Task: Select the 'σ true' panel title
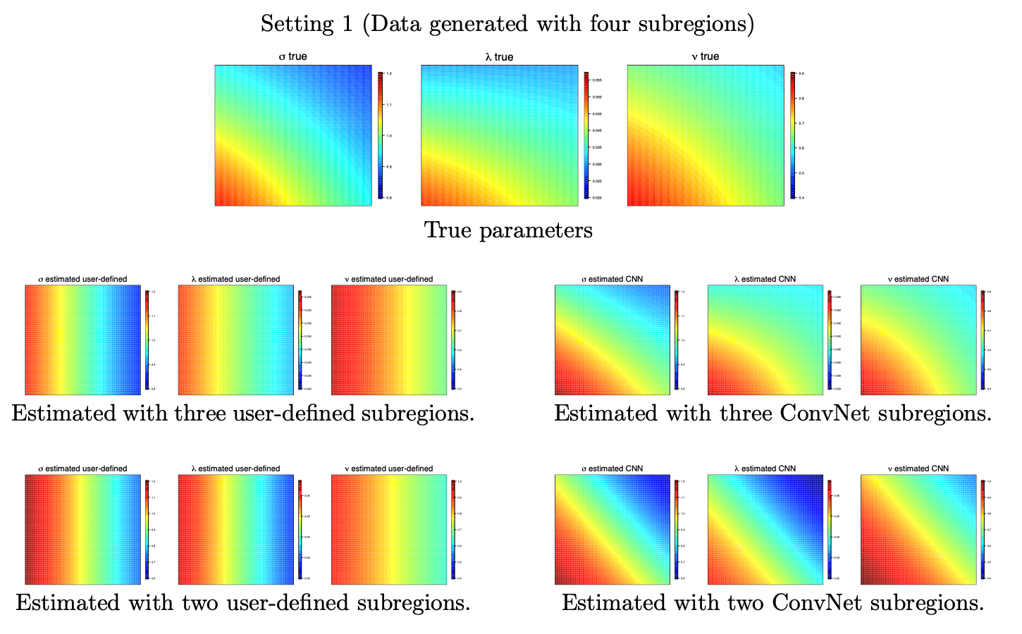tap(293, 56)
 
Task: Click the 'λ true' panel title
tap(499, 56)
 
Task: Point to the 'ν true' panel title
tap(705, 56)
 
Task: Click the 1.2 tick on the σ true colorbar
tap(389, 73)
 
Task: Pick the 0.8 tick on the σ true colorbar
tap(389, 198)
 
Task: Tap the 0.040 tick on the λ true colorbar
tap(596, 130)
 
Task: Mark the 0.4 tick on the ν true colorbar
tap(801, 198)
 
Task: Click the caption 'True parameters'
tap(508, 230)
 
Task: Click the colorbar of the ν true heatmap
tap(793, 135)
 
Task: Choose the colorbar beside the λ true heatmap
tap(586, 135)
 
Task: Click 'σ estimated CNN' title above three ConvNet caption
tap(612, 279)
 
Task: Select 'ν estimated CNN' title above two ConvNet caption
tap(918, 468)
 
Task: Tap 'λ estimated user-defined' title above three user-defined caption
tap(235, 279)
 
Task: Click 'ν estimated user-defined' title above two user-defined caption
tap(388, 468)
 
